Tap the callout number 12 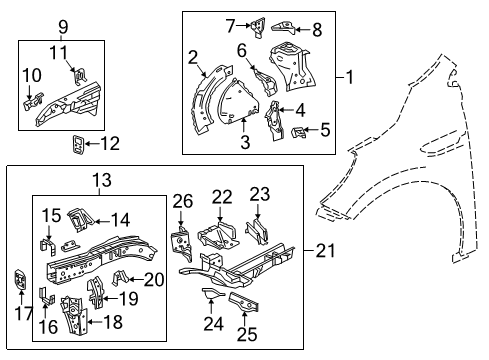click(x=109, y=144)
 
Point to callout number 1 click(x=349, y=75)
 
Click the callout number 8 click(x=318, y=29)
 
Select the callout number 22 click(x=221, y=196)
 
